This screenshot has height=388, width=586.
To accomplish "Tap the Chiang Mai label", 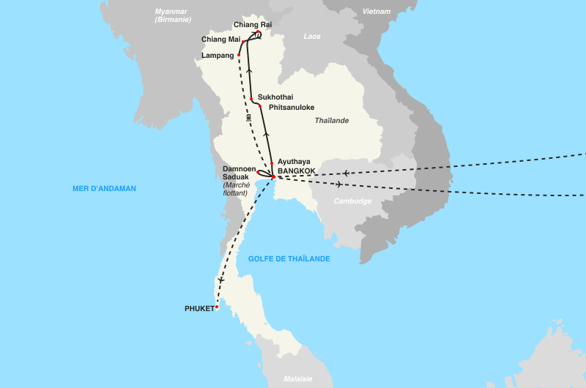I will [220, 40].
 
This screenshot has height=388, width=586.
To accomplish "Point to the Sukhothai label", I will [275, 97].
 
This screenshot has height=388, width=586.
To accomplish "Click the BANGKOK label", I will [297, 171].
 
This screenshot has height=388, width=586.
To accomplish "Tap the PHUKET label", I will [199, 309].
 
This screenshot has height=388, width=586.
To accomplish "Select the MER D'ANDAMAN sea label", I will [104, 189].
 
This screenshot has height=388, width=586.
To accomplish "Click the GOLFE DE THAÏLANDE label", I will [289, 259].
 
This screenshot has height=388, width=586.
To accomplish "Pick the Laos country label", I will [312, 36].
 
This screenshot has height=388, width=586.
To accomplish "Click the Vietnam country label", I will [376, 12].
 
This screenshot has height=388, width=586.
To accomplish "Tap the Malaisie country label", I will [298, 379].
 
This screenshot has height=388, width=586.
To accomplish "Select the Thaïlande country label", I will [331, 121].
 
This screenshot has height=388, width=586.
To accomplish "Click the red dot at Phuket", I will [217, 307].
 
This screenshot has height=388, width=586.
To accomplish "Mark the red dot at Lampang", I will [239, 55].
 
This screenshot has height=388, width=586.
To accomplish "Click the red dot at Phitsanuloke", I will [260, 106].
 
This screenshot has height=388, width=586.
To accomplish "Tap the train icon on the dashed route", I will [249, 117].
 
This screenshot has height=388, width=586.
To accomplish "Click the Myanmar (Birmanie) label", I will [173, 15].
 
